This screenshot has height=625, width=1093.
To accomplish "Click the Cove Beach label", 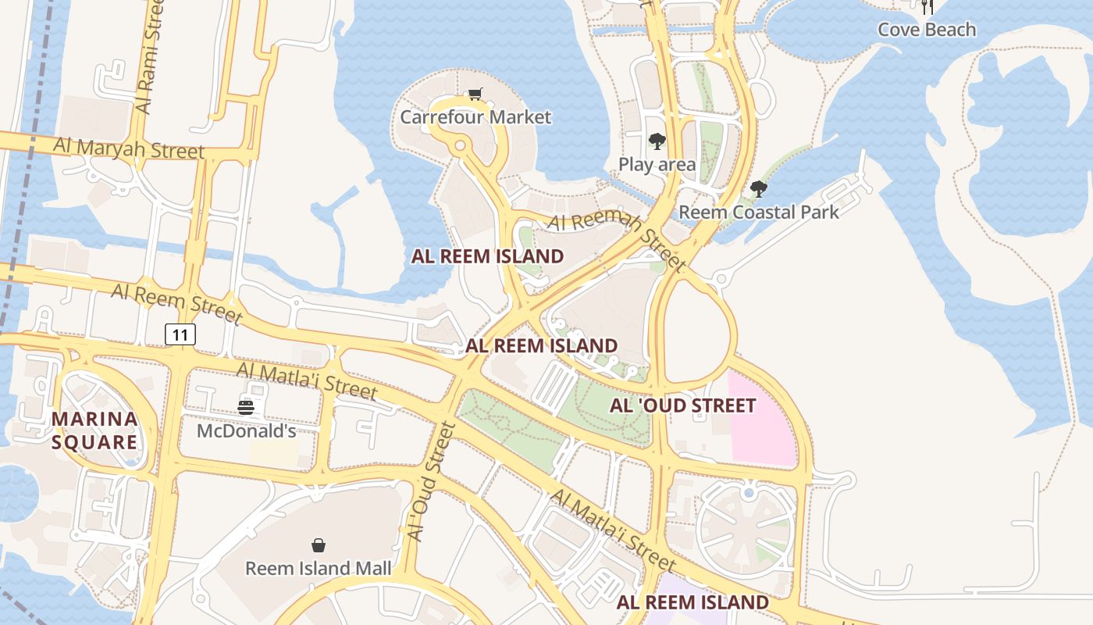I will coord(927,30).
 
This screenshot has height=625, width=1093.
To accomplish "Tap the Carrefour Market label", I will coord(475,117).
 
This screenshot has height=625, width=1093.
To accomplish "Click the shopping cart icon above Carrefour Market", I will coord(475,95).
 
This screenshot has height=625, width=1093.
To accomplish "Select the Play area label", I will coord(657,164).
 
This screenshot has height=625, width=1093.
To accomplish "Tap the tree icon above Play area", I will coord(657,141).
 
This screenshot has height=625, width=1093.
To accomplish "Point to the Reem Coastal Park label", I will coord(759,212).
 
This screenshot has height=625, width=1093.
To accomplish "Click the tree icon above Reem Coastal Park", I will coord(758,189).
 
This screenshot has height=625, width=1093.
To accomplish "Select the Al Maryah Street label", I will coord(129,148).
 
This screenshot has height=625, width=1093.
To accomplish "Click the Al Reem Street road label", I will coord(176,304).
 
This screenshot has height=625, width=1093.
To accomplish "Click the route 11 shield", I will coord(180,335).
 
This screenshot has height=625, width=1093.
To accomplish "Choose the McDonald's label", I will coord(246,430).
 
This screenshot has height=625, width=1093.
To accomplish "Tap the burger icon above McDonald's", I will coord(246,407).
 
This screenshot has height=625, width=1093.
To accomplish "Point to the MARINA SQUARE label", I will coord(94,430).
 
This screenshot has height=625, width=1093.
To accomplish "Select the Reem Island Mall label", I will coord(319,568).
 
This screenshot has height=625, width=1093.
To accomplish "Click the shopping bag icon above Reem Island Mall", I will coord(319,545).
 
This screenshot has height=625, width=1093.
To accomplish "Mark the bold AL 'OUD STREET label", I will coord(683,405).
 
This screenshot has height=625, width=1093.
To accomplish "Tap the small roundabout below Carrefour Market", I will coord(460,145).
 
